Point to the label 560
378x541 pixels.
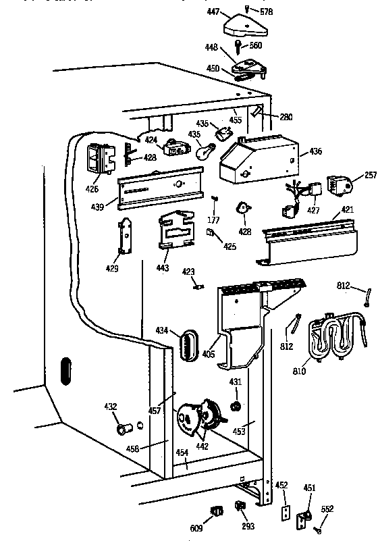pos(255,45)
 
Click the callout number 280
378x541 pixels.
pos(286,117)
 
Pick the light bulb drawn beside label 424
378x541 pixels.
pos(200,153)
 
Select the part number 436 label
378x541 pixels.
pos(316,153)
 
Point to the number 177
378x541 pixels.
pos(215,220)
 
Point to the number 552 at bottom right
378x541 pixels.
pos(327,509)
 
